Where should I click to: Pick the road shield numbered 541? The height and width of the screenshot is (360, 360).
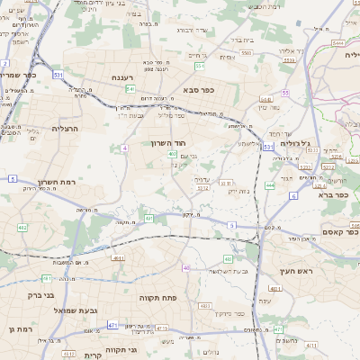pyautogui.click(x=130, y=89)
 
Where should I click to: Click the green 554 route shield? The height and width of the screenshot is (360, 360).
pyautogui.click(x=199, y=66)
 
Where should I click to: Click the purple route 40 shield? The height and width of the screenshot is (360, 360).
pyautogui.click(x=186, y=267)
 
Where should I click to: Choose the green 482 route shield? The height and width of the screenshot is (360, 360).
pyautogui.click(x=22, y=227)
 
